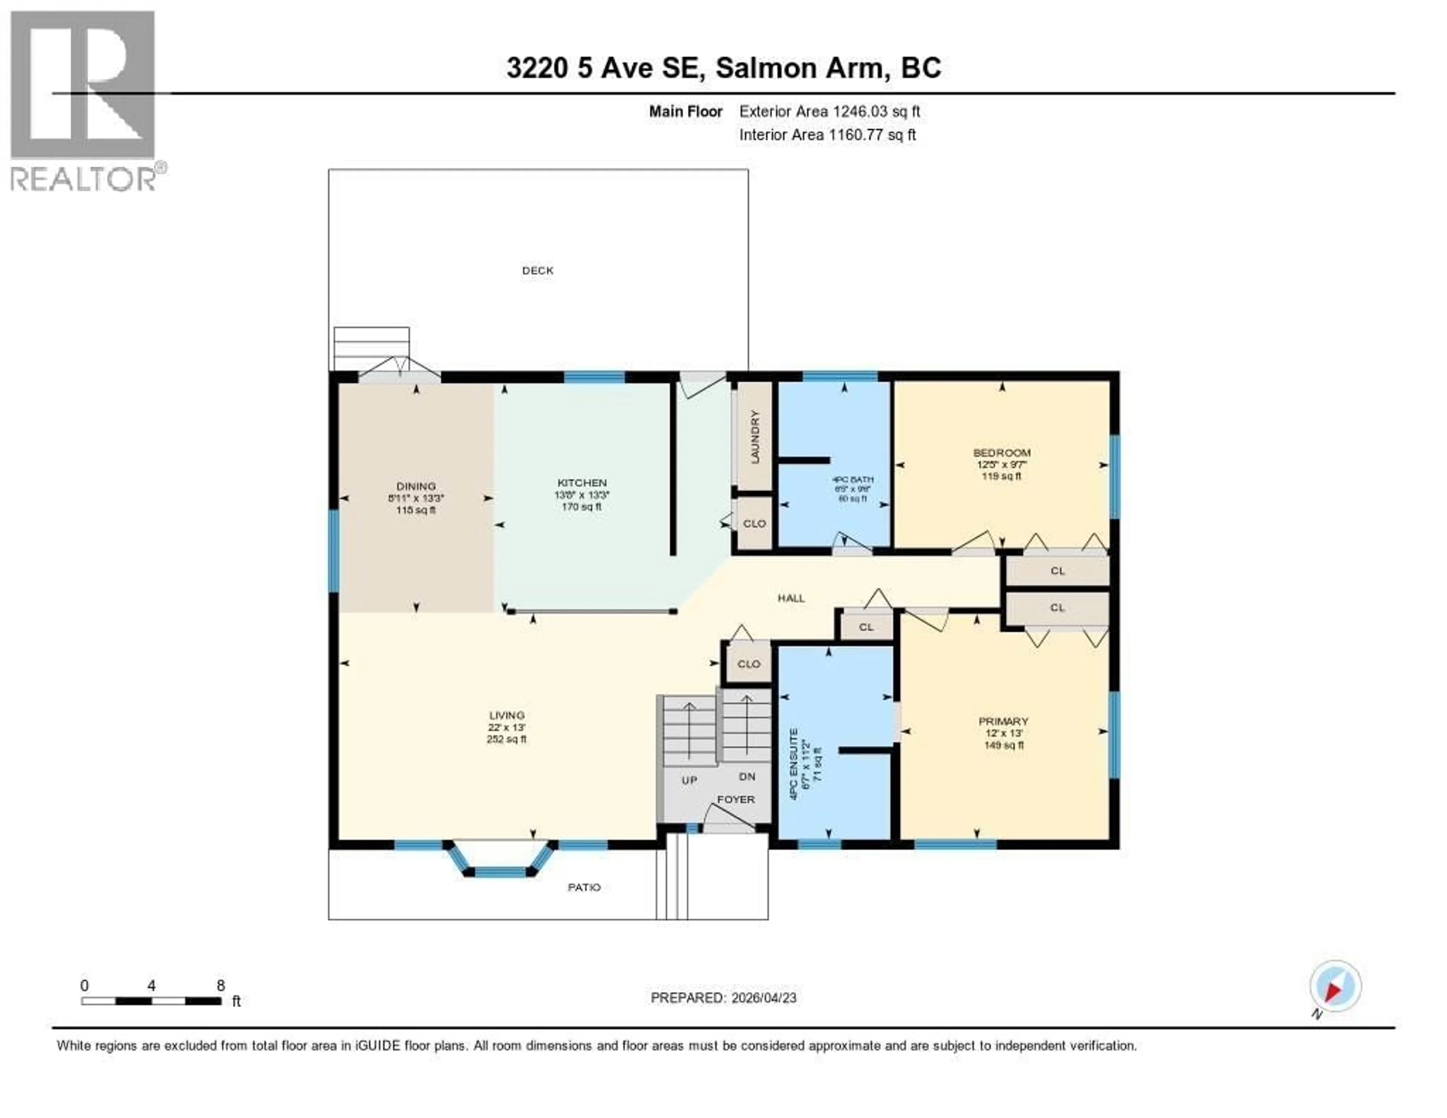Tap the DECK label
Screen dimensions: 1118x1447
click(x=537, y=270)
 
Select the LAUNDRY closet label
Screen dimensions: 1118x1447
click(x=755, y=437)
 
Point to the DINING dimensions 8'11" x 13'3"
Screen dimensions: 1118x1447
click(x=416, y=498)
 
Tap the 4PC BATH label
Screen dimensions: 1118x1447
click(x=853, y=479)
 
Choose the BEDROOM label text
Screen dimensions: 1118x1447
click(x=1001, y=453)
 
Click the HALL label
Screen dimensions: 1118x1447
click(x=791, y=598)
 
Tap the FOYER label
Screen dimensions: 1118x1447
click(x=736, y=799)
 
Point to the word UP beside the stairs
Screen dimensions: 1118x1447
click(x=689, y=780)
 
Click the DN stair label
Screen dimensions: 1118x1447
click(x=747, y=776)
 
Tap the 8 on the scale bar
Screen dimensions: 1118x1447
click(x=220, y=985)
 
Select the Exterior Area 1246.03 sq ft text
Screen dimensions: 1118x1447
click(x=829, y=111)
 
